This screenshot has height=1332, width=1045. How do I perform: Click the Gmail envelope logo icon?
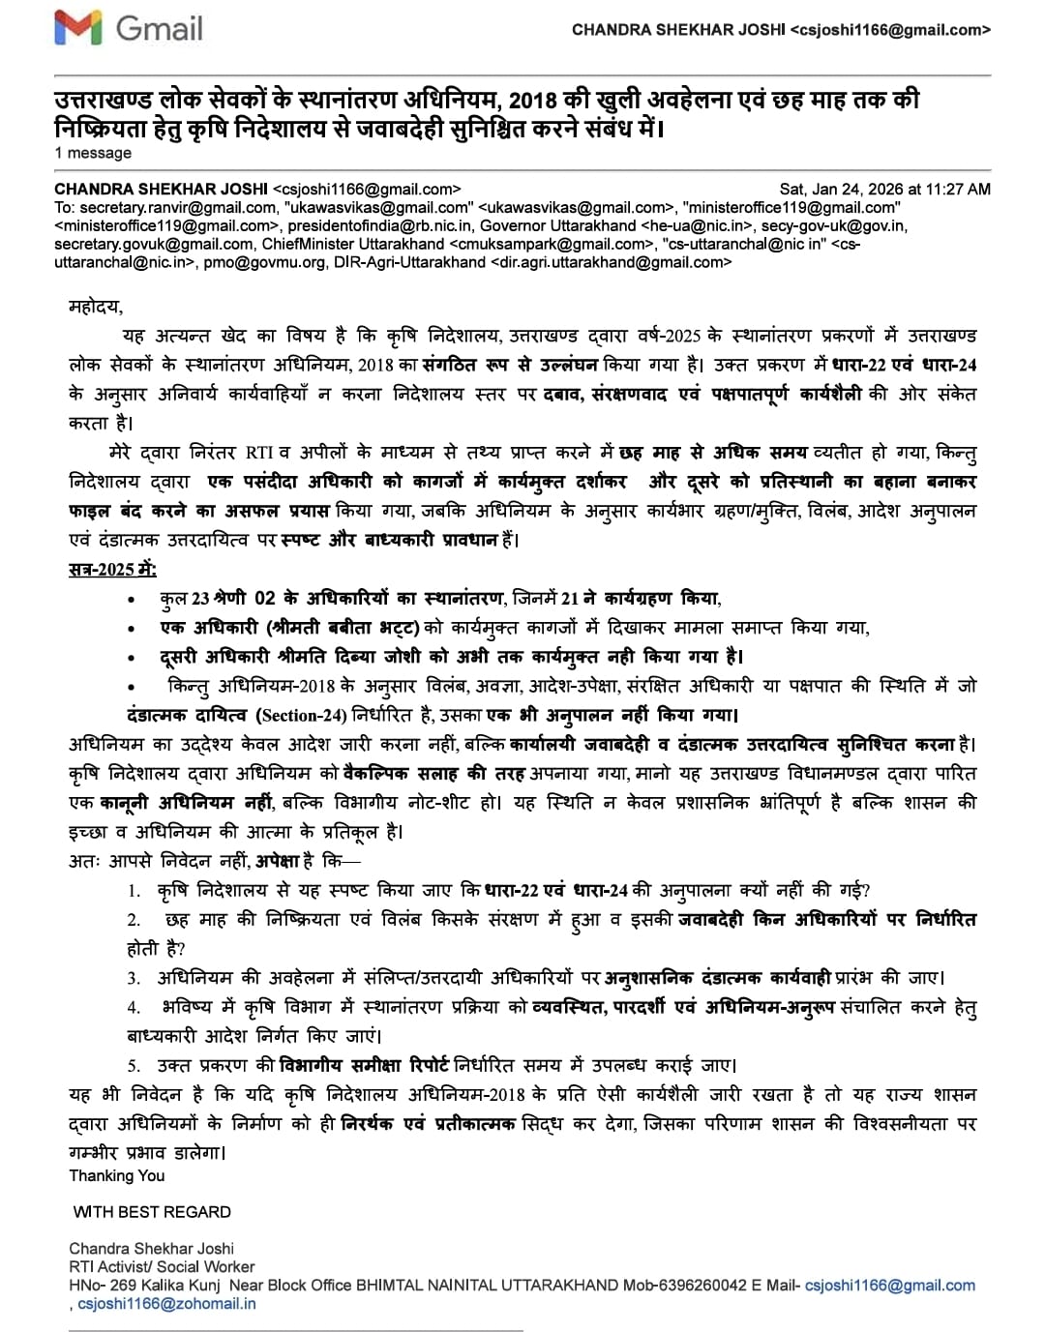[78, 29]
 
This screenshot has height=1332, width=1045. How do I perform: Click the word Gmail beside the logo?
[160, 29]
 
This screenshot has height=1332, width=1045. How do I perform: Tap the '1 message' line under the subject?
[93, 153]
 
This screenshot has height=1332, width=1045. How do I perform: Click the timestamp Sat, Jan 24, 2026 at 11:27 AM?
[884, 190]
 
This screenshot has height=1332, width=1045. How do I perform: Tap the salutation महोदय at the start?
[95, 307]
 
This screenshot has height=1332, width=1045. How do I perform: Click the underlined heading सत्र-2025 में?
[112, 569]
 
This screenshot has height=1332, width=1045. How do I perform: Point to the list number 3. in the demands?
[134, 979]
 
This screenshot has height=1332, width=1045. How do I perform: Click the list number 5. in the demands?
[134, 1066]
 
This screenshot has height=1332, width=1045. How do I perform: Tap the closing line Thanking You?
[117, 1176]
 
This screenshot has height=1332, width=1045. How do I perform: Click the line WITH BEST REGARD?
[152, 1212]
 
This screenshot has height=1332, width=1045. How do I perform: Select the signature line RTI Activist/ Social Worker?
[162, 1267]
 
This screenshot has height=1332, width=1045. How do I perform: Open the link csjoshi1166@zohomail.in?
[166, 1304]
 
